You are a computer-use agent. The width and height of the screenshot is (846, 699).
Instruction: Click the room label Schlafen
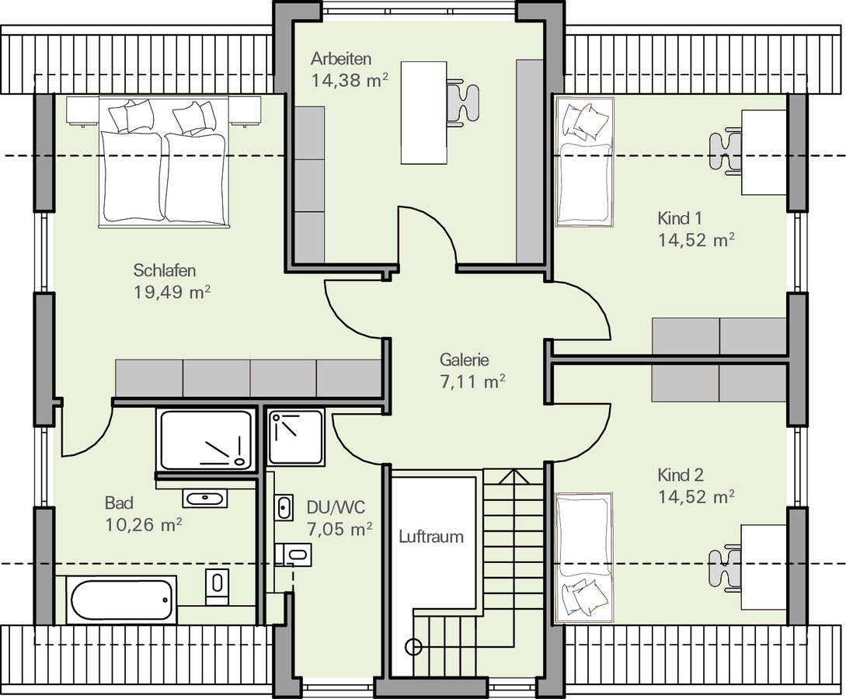[165, 270]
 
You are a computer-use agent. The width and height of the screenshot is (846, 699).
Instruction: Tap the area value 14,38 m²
[350, 80]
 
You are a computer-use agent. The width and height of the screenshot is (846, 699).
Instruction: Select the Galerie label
[464, 359]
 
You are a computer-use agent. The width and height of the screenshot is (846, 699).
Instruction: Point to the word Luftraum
[431, 537]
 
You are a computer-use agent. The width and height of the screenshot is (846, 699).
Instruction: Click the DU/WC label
[336, 507]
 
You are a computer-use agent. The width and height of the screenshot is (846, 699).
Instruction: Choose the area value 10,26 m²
[143, 524]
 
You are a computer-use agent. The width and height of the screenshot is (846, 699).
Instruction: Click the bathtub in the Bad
[121, 600]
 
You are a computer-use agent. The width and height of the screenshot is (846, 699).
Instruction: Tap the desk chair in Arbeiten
[462, 101]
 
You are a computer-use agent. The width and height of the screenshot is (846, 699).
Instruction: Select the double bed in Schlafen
[163, 162]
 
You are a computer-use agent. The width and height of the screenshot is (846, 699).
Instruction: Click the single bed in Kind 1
[584, 162]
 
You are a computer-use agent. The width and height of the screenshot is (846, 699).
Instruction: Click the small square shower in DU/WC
[296, 436]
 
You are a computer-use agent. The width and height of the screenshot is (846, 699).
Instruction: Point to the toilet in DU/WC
[294, 554]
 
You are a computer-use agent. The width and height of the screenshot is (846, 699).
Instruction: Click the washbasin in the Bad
[204, 499]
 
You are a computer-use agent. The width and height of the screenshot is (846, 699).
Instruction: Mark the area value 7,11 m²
[472, 382]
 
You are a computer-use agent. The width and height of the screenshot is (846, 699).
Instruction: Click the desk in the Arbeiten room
[423, 112]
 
